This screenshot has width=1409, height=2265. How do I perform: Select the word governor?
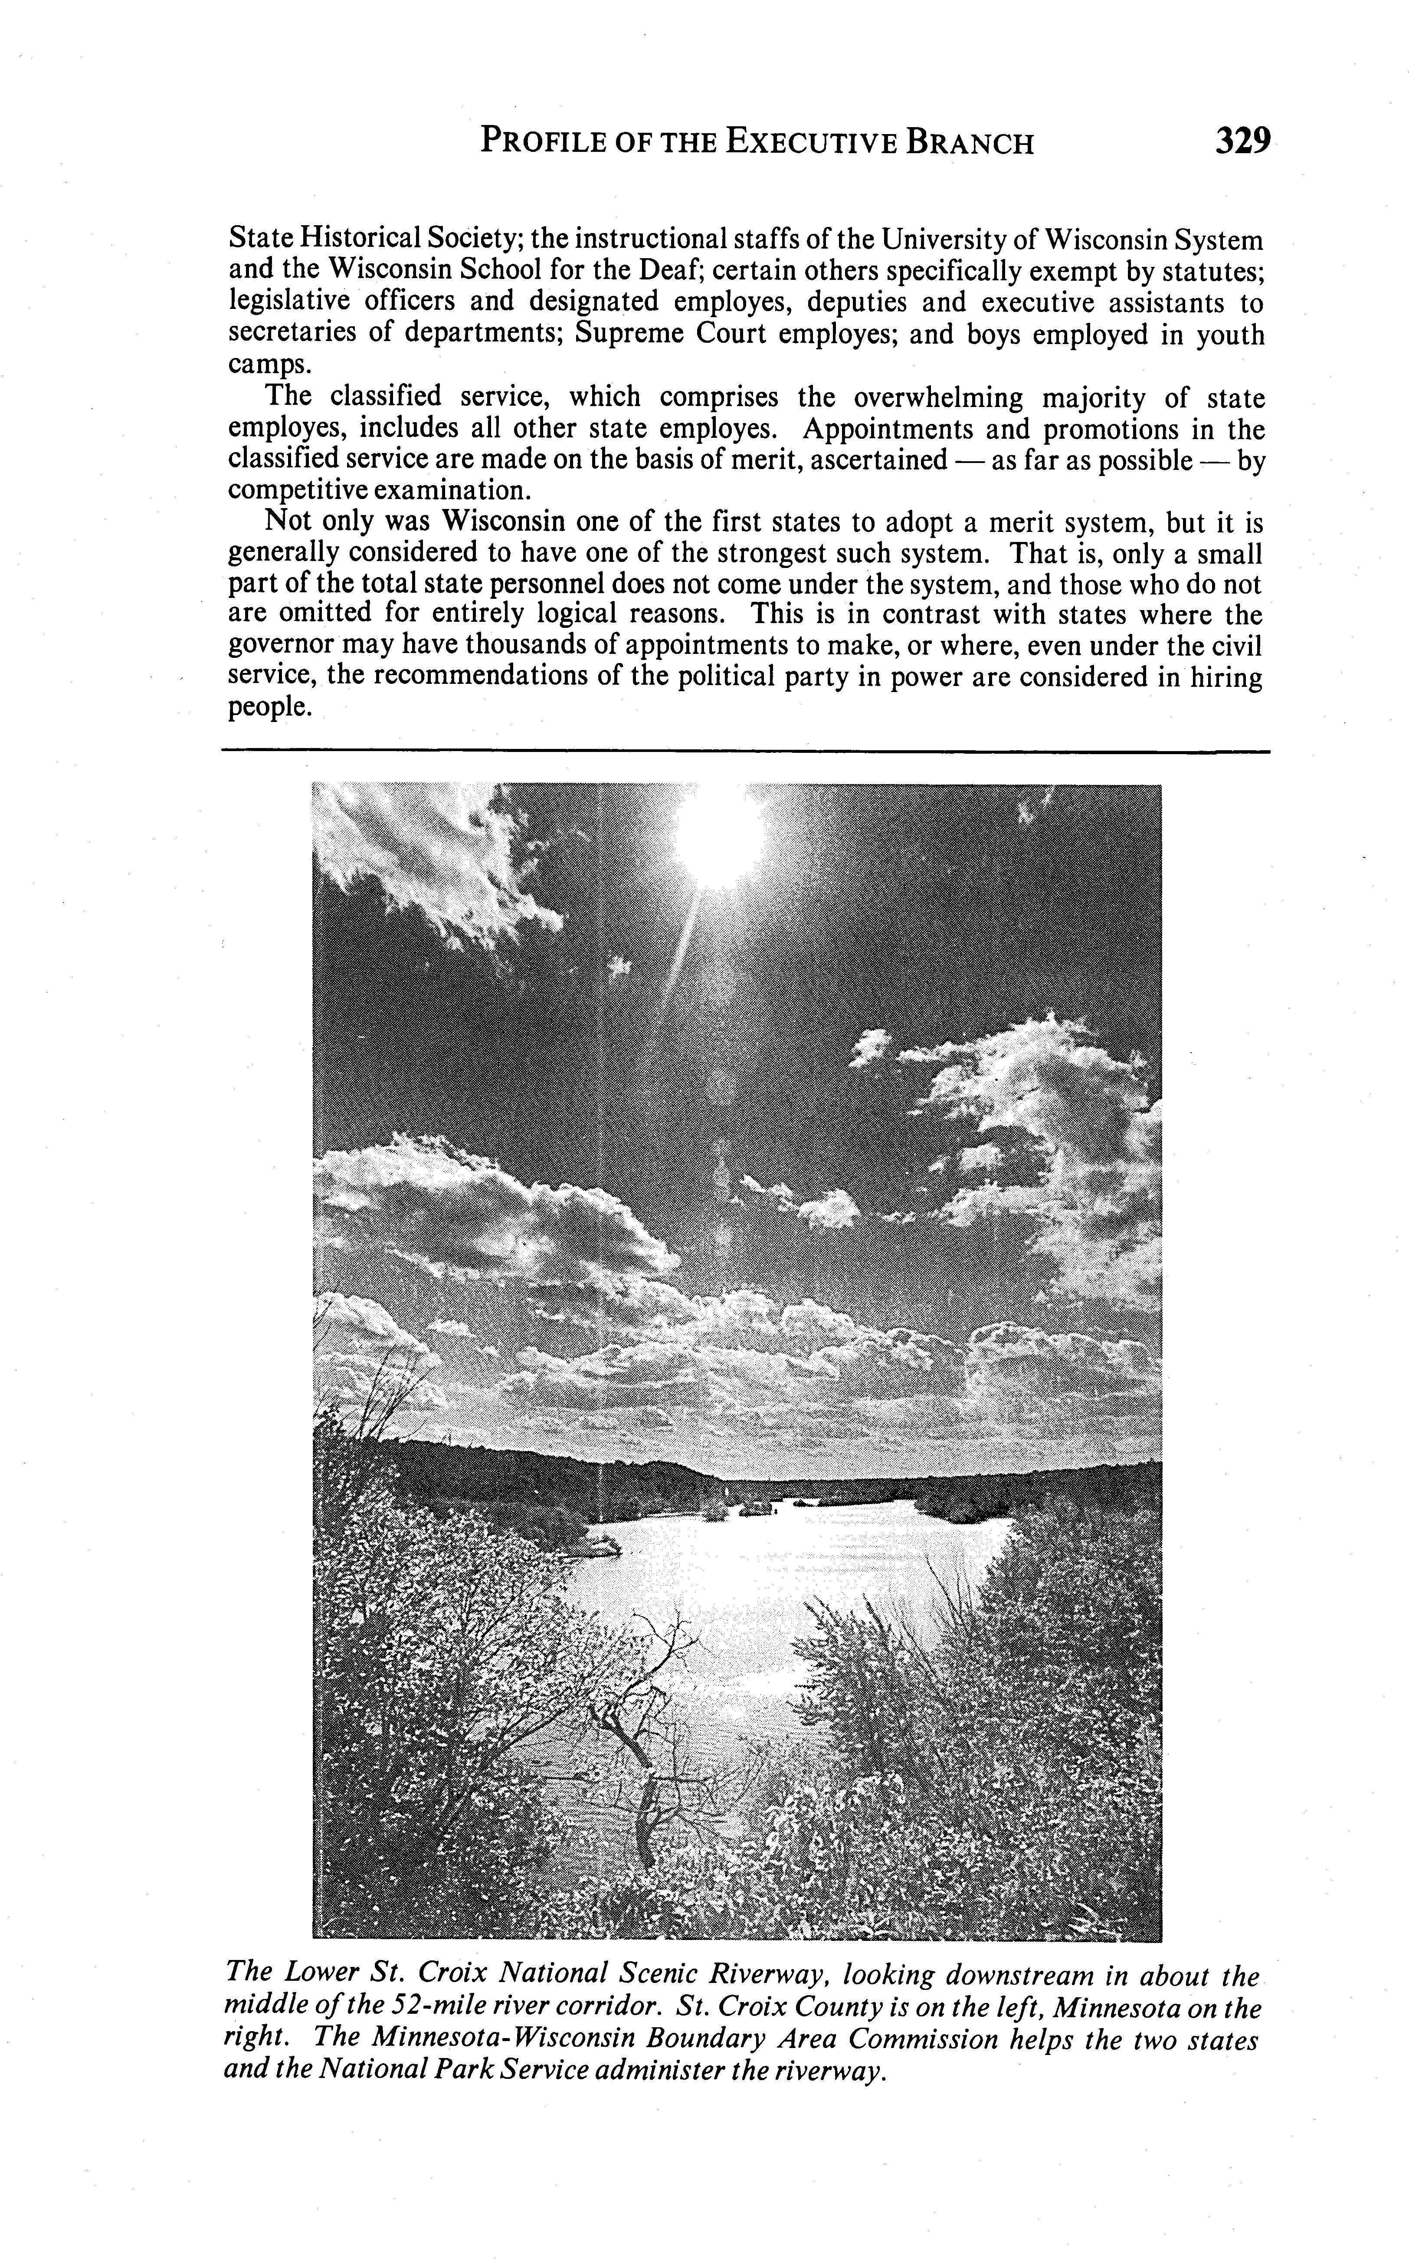284,646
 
